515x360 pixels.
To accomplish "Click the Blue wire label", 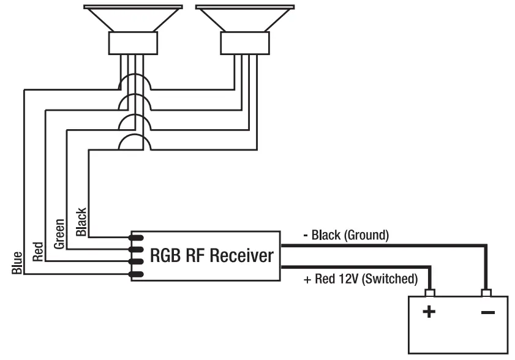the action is coord(17,263).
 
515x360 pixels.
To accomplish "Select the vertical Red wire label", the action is coord(38,252).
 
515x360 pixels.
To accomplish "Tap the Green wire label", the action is coord(59,234).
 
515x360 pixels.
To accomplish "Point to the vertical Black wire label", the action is coord(81,222).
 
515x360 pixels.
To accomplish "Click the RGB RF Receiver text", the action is coord(211,255).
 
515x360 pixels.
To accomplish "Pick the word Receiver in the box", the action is coord(242,255).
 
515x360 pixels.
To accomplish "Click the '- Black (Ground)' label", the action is coord(346,235).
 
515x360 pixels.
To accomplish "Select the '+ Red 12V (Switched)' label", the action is coord(361,279).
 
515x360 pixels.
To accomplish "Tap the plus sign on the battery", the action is coord(429,312).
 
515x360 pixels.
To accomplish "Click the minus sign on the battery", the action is coord(487,312).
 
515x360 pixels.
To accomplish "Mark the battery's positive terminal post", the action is coord(430,293).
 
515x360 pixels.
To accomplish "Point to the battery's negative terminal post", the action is coord(486,293).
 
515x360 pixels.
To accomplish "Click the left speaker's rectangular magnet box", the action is coord(133,43).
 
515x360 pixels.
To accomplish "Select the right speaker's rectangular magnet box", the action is coord(245,43).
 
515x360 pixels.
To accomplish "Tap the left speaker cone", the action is coord(133,18).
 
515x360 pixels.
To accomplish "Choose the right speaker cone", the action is coord(245,18).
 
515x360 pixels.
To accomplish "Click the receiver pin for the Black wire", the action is coord(137,238).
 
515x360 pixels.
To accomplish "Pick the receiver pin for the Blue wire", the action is coord(137,274).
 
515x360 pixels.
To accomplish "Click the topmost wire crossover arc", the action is coord(135,81).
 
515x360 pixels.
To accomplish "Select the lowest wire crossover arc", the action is coord(135,142).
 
